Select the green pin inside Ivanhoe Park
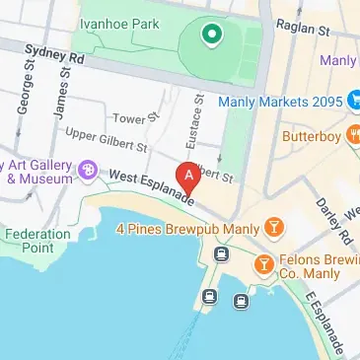[209, 36]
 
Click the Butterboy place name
[310, 135]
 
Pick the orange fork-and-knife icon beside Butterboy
[353, 135]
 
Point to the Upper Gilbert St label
[105, 139]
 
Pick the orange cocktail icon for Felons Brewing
[263, 264]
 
